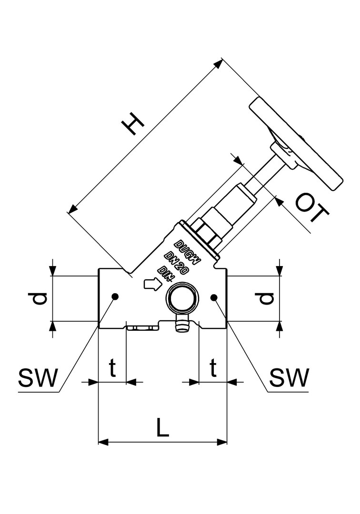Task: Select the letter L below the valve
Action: (x=163, y=427)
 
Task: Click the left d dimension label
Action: (x=40, y=298)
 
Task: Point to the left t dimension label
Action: (x=112, y=367)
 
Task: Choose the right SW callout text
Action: (x=289, y=378)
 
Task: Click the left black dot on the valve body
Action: (x=114, y=297)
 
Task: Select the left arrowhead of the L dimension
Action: (x=101, y=442)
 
